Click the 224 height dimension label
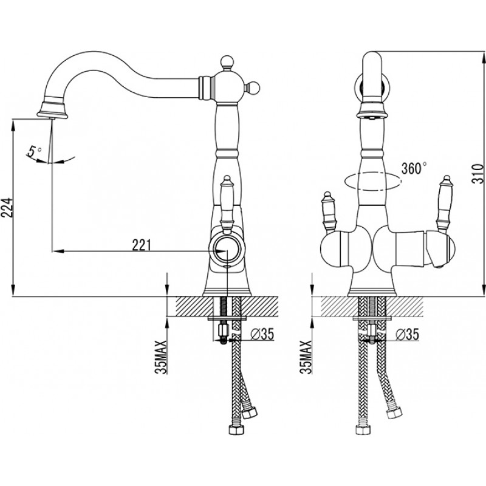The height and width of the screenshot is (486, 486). (7, 207)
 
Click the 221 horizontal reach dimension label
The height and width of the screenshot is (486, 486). (142, 245)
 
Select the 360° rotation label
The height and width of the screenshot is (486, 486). (414, 168)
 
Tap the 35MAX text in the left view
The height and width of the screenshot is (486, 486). (161, 357)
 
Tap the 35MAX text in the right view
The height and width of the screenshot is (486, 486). (306, 357)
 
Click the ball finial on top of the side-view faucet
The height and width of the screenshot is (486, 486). (227, 61)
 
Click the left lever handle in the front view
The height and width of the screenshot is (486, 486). (329, 213)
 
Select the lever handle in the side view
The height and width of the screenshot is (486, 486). (227, 205)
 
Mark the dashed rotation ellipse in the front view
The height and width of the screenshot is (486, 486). (372, 180)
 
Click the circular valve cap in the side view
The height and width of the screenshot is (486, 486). (227, 250)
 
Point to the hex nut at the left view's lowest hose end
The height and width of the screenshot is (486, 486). (236, 430)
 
